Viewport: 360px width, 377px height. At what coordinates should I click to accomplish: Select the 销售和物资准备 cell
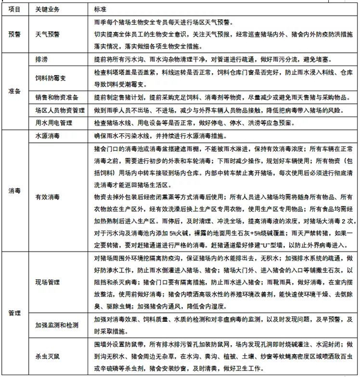click(x=55, y=96)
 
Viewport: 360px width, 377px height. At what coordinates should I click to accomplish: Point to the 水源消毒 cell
click(x=47, y=136)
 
